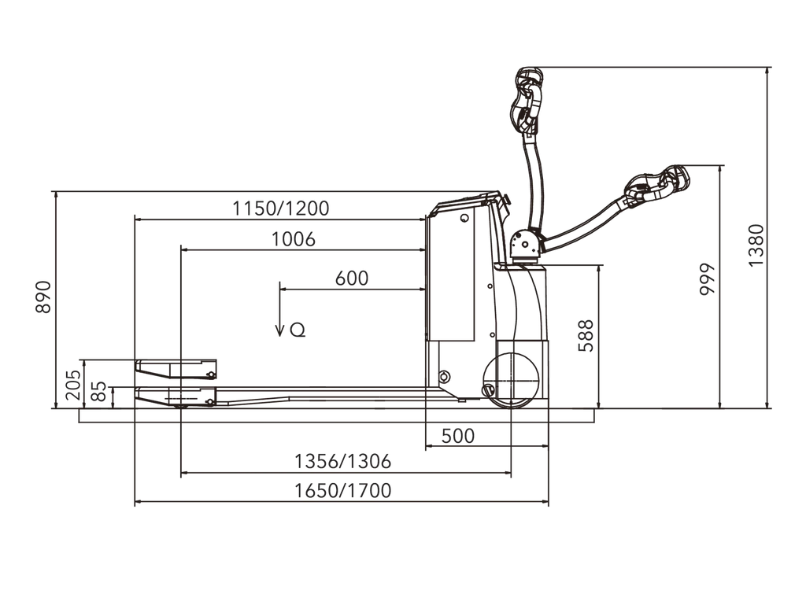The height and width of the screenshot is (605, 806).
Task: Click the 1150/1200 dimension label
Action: [x=281, y=208]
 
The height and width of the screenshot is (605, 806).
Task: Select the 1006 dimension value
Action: [x=293, y=239]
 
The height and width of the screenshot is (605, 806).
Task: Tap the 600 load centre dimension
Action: [x=352, y=279]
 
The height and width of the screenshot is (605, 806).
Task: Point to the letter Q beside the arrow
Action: [x=298, y=330]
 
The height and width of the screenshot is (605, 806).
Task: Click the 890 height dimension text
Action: [x=44, y=297]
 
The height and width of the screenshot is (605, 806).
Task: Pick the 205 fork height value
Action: [x=73, y=385]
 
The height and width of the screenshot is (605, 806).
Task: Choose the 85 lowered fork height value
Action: [x=98, y=391]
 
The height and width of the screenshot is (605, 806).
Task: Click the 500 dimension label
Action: [x=457, y=436]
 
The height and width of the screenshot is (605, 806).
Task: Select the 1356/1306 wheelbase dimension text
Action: [x=342, y=461]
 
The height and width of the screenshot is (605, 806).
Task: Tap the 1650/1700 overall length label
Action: [x=342, y=490]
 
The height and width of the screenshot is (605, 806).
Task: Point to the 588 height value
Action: [x=586, y=335]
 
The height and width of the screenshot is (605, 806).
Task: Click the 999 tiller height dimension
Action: [x=708, y=279]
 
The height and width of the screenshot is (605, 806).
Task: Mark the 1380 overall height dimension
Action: [x=756, y=245]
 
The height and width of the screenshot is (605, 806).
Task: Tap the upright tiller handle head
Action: [x=527, y=100]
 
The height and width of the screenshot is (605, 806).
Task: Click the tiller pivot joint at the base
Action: [x=525, y=244]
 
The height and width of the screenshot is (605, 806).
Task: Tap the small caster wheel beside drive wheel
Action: [x=488, y=389]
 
